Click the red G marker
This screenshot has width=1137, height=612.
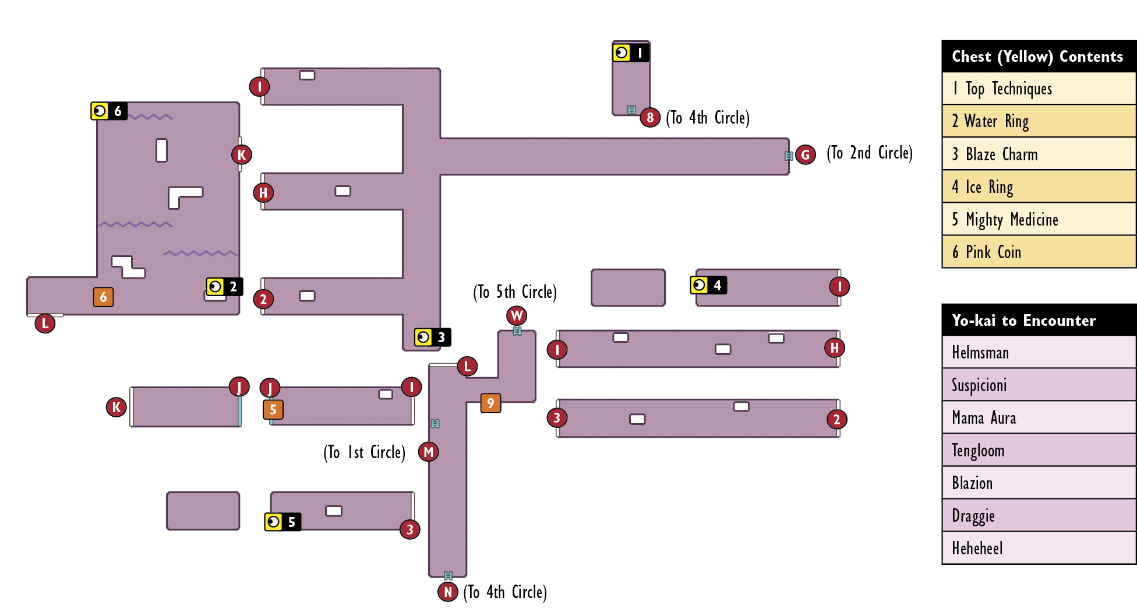tap(806, 154)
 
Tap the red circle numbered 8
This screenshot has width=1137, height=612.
tap(650, 118)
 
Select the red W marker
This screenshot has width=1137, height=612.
tap(517, 315)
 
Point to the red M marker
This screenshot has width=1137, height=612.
tap(429, 452)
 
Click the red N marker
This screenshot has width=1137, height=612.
tap(448, 592)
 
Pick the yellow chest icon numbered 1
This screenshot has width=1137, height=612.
tap(631, 52)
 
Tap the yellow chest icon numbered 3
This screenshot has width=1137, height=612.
tap(433, 337)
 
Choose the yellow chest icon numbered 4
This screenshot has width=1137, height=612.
tap(708, 285)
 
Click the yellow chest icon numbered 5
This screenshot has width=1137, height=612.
tap(283, 522)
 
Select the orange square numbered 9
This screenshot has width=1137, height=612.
tap(490, 403)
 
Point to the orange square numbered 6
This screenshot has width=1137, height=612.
tap(103, 297)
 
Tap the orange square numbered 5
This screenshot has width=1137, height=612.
tap(273, 409)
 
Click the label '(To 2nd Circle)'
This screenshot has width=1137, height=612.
tap(870, 153)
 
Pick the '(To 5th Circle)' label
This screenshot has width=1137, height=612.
tap(515, 291)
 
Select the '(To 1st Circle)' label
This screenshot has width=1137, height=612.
tap(365, 452)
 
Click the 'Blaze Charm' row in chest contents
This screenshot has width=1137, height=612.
tap(1039, 154)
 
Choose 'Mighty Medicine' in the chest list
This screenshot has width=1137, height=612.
tap(1039, 219)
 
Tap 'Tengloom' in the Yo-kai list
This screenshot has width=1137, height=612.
tap(1039, 450)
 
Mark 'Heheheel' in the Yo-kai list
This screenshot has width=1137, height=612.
tap(1039, 548)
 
